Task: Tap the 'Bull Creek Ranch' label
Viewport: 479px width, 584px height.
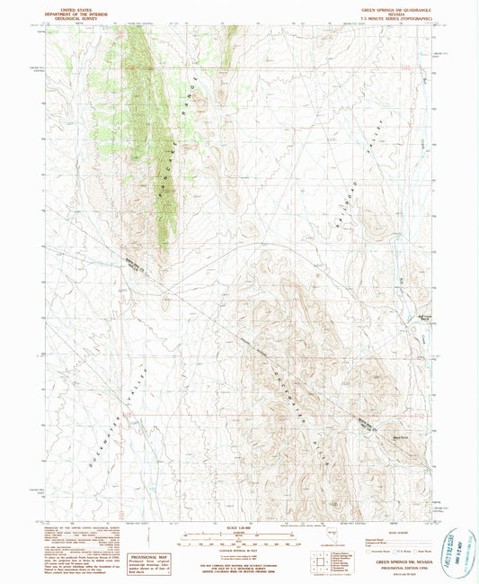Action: click(x=402, y=315)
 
